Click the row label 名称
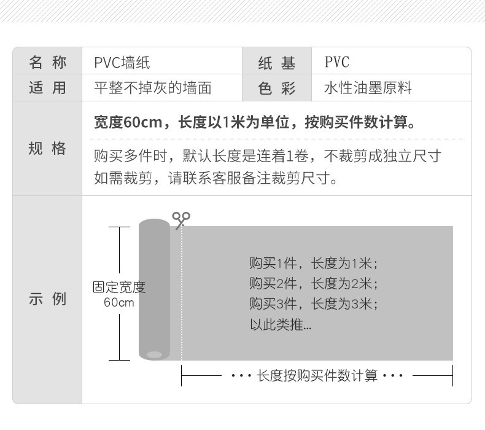click(47, 62)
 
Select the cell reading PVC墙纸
click(122, 62)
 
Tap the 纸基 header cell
click(277, 63)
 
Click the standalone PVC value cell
click(336, 62)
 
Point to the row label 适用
click(47, 88)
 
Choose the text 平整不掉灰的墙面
click(153, 88)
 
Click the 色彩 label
click(277, 88)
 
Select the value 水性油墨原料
click(368, 88)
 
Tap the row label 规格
click(47, 148)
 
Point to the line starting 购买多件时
click(267, 155)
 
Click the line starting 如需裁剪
click(215, 178)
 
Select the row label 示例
click(47, 300)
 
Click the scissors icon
click(180, 219)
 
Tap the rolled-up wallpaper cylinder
click(154, 289)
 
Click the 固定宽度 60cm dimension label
click(118, 294)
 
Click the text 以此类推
click(280, 324)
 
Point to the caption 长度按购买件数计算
click(317, 375)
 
